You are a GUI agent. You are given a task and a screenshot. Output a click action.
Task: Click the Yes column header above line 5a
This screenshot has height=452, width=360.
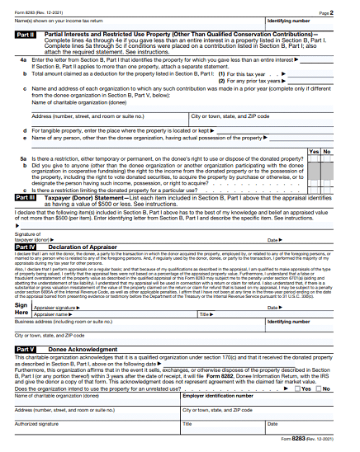315,152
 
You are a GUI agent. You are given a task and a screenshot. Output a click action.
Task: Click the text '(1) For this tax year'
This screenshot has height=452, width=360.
244,73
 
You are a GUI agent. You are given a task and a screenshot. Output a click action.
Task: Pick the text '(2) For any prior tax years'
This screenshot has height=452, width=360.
249,80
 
